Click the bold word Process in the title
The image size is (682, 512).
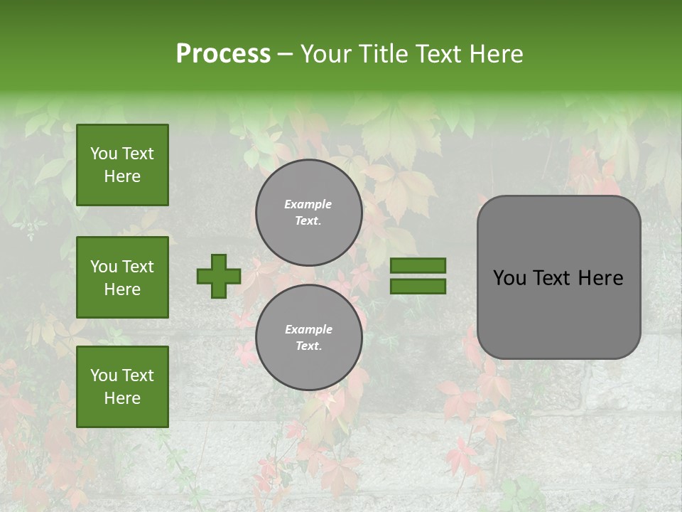click(x=223, y=54)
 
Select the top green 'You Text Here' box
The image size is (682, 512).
click(x=122, y=165)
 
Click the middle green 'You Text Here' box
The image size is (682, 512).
click(x=122, y=277)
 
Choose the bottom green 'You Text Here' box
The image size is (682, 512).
click(x=122, y=387)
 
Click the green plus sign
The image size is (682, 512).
click(x=219, y=276)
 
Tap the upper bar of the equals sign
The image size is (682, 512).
click(x=418, y=265)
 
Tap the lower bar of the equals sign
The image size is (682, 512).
click(x=418, y=287)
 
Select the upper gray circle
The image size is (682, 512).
click(x=308, y=213)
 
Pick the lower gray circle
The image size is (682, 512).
click(x=308, y=338)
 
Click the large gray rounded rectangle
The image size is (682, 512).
click(x=558, y=277)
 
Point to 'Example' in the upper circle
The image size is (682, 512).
click(x=308, y=204)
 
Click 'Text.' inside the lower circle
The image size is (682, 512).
click(x=308, y=346)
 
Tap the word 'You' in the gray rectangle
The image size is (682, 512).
click(x=509, y=278)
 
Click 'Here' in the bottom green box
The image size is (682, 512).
click(x=122, y=398)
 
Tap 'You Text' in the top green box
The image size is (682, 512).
click(x=122, y=154)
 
